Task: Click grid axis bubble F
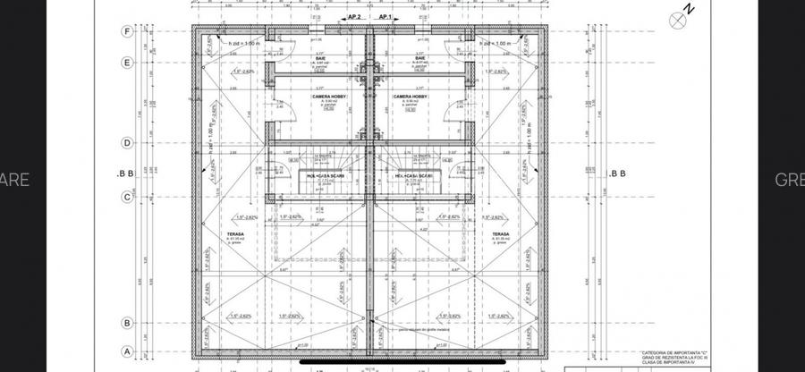click(127, 31)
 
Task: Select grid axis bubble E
click(127, 63)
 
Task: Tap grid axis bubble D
click(127, 142)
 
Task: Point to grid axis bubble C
click(127, 197)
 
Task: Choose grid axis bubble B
click(127, 324)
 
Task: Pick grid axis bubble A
click(127, 351)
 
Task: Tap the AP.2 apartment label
click(354, 17)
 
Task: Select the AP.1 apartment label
click(387, 17)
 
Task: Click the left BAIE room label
click(319, 59)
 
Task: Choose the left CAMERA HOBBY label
click(328, 96)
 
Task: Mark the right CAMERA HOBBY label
click(410, 96)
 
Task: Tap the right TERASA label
click(500, 234)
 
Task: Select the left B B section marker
click(125, 174)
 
